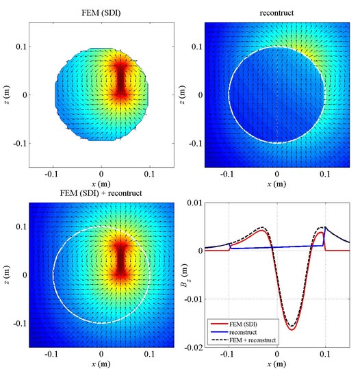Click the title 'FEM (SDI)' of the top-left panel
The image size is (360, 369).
point(101,13)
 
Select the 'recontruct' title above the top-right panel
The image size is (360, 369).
point(277,13)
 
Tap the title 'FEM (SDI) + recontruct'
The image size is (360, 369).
point(101,193)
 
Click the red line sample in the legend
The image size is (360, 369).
point(219,324)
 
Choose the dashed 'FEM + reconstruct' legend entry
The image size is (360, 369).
point(244,340)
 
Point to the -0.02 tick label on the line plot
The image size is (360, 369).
point(194,348)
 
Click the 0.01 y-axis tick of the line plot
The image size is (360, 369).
point(195,203)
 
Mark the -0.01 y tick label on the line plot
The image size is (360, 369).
point(194,299)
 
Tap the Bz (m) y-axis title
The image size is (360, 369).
point(183,275)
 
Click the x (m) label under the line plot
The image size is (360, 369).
point(277,364)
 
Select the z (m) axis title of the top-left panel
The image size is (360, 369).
point(6,95)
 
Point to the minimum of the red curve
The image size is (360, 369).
point(292,330)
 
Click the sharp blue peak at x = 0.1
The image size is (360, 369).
point(325,227)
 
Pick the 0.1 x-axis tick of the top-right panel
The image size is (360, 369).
point(325,174)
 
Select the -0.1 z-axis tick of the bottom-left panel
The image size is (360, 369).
point(20,324)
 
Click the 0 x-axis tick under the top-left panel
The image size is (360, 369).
point(101,174)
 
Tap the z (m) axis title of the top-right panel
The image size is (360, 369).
point(182,95)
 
